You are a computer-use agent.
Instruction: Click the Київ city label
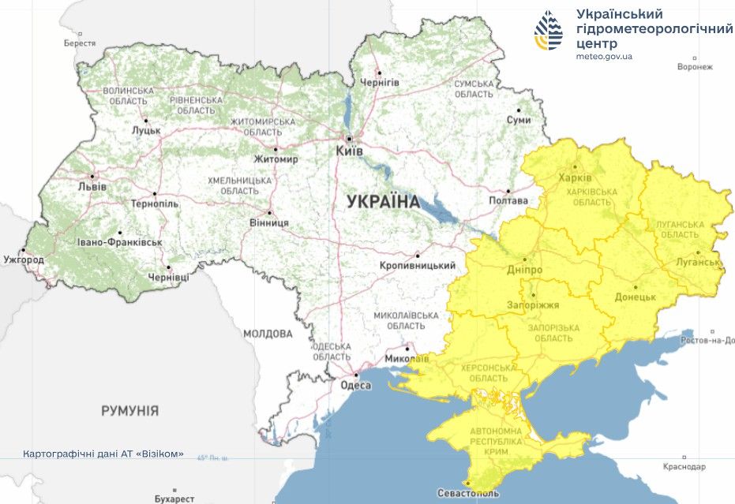pyautogui.click(x=349, y=150)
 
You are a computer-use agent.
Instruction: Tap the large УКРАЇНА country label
pyautogui.click(x=383, y=202)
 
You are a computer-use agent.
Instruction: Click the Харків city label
pyautogui.click(x=574, y=177)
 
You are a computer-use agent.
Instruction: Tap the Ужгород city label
pyautogui.click(x=24, y=259)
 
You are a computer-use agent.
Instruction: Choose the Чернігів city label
pyautogui.click(x=380, y=82)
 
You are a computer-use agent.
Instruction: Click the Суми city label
pyautogui.click(x=518, y=120)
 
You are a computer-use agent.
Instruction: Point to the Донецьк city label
pyautogui.click(x=636, y=297)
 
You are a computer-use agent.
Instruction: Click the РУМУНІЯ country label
pyautogui.click(x=129, y=411)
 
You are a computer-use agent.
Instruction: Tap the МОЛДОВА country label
pyautogui.click(x=268, y=334)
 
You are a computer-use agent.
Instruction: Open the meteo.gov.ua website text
pyautogui.click(x=604, y=56)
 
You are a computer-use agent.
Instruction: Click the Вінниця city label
pyautogui.click(x=268, y=222)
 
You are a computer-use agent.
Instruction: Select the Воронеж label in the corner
pyautogui.click(x=695, y=67)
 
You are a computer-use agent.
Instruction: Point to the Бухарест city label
pyautogui.click(x=174, y=498)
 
